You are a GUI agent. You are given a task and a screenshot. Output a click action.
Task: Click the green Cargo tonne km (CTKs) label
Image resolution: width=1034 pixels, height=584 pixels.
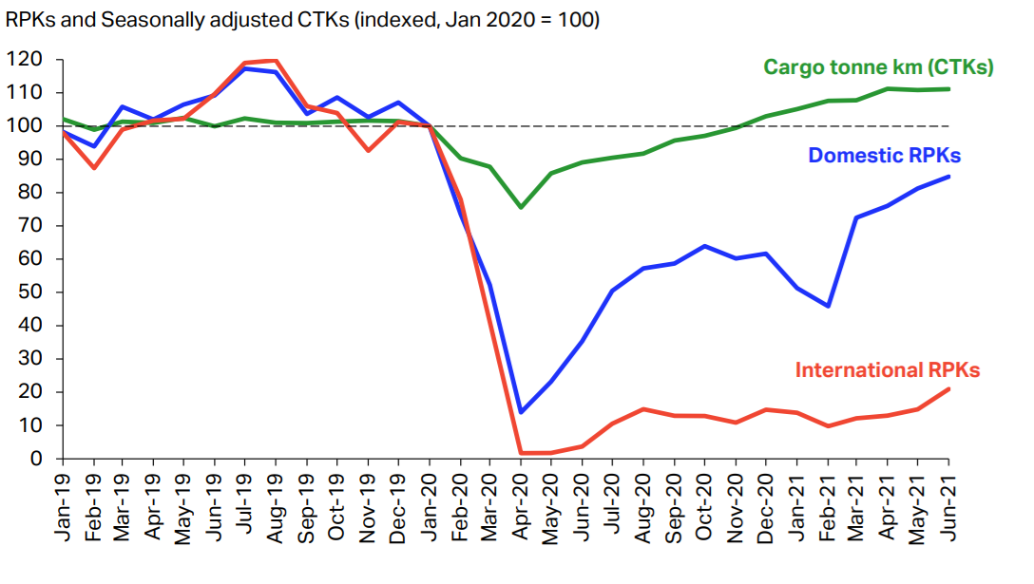(x=878, y=67)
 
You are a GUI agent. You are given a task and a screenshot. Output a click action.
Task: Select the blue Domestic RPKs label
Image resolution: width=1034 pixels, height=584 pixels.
(x=884, y=156)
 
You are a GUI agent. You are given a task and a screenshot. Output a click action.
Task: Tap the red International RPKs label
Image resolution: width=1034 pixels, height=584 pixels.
(x=888, y=370)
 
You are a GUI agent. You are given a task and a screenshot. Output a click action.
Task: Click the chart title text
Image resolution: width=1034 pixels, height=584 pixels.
(x=302, y=20)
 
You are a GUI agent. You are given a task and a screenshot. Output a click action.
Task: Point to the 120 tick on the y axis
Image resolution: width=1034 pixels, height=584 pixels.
(x=25, y=59)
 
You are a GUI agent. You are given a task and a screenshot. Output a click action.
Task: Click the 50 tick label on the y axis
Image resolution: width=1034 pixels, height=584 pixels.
(x=29, y=292)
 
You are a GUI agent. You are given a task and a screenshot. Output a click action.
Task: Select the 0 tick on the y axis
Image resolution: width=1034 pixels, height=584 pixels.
(x=35, y=459)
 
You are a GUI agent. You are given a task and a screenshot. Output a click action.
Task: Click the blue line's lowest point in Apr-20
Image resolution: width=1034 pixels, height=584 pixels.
(x=521, y=412)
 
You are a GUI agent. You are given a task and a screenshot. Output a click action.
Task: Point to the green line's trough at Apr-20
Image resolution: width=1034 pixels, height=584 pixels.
(x=521, y=207)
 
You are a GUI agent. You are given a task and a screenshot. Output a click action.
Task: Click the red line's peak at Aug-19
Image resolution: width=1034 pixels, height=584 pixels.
(x=276, y=61)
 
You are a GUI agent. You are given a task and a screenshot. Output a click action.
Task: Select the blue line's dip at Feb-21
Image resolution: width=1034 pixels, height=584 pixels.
(x=828, y=306)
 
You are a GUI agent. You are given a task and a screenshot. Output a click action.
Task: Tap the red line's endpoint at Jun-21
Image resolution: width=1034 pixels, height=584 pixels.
(x=948, y=389)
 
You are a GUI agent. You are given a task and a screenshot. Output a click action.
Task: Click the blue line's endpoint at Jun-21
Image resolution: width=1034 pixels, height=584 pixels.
(x=948, y=177)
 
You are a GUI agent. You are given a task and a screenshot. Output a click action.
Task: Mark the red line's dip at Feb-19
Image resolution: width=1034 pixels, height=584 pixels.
(x=94, y=168)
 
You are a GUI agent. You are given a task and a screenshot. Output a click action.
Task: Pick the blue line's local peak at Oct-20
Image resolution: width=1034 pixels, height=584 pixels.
(x=705, y=247)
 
